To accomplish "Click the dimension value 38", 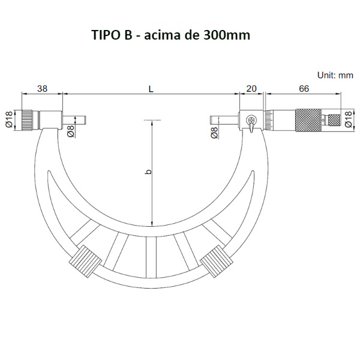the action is [42, 88].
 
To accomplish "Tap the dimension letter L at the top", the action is [151, 89].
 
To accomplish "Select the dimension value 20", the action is [251, 88].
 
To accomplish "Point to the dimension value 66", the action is [304, 88].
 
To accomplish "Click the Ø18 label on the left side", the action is [9, 119].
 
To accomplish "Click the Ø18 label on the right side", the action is [348, 119].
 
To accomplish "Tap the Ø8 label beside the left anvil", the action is [71, 131].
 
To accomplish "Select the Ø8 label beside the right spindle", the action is [214, 133].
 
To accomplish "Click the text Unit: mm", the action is [335, 75].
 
